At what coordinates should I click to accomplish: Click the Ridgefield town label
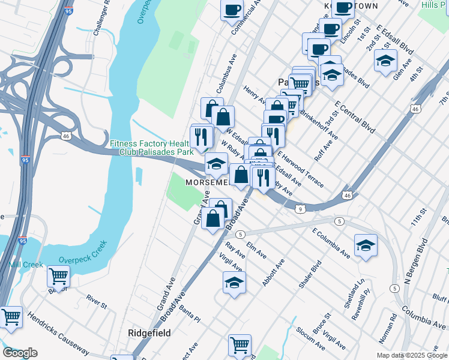[149, 333]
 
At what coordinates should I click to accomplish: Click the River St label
[96, 301]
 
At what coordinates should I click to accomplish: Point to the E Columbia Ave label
[331, 242]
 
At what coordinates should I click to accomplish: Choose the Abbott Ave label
[273, 272]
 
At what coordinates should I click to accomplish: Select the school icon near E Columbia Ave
[366, 245]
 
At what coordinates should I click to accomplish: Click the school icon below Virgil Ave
[234, 283]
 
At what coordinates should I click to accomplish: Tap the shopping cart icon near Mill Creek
[58, 276]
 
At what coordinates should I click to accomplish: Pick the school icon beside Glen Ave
[385, 60]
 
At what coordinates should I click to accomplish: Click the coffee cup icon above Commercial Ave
[232, 10]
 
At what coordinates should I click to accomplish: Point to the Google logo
[19, 353]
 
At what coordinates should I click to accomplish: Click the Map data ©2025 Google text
[412, 355]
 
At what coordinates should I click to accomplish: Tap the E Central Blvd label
[355, 116]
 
